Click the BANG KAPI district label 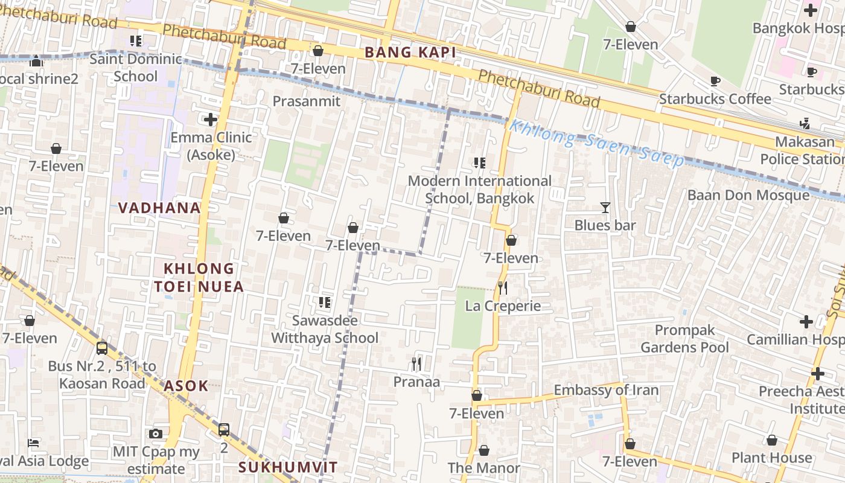[410, 53]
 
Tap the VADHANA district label [159, 208]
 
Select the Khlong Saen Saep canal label [596, 143]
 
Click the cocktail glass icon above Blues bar [605, 208]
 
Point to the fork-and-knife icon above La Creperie [502, 288]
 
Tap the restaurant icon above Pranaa [416, 363]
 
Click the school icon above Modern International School [479, 162]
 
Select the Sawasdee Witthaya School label [325, 329]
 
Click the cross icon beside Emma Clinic [210, 120]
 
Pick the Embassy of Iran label [606, 390]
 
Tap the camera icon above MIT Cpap [156, 433]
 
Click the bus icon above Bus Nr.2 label [102, 348]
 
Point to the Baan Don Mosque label [748, 195]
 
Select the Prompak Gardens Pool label [684, 339]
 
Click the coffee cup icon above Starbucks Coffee [715, 81]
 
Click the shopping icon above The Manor [483, 450]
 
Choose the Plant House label [771, 458]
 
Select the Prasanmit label [307, 101]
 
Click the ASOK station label [186, 386]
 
